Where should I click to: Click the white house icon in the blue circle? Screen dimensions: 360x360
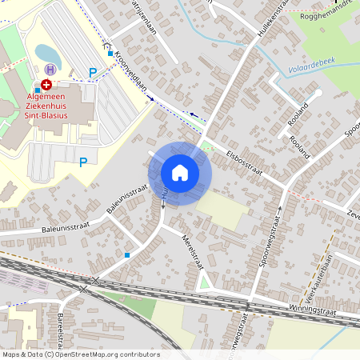[180, 173]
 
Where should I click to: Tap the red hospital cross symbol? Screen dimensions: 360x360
[46, 83]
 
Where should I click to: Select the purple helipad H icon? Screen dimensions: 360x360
[51, 70]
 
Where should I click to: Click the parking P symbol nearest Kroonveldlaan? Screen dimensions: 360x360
[93, 73]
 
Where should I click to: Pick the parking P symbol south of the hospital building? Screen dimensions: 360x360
[82, 162]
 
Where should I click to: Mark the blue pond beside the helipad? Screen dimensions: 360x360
[47, 54]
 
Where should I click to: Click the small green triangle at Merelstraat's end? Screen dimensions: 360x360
[204, 281]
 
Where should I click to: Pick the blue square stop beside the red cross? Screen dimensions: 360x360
[36, 90]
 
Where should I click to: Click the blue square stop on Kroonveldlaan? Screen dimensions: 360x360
[110, 54]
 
